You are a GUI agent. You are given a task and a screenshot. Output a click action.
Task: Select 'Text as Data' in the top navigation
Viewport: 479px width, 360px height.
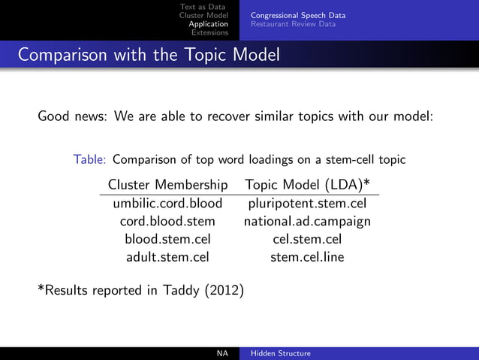pos(203,8)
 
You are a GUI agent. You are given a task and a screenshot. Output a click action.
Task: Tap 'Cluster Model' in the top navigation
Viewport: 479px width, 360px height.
pos(203,16)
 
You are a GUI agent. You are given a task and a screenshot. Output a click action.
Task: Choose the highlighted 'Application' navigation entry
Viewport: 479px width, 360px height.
pos(208,24)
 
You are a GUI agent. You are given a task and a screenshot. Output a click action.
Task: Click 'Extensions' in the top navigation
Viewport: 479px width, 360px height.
pos(210,32)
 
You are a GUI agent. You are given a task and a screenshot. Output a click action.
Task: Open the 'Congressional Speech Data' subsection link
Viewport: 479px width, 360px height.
pos(298,16)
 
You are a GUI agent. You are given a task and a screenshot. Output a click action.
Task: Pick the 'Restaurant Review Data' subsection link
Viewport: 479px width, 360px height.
pos(293,24)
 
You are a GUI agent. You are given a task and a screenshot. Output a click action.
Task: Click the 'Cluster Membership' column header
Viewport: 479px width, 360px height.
pos(168,184)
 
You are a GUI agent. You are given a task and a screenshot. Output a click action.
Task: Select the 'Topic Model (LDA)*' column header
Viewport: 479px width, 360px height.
pos(307,184)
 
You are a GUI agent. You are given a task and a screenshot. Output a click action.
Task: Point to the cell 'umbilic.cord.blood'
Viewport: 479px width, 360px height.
pos(168,203)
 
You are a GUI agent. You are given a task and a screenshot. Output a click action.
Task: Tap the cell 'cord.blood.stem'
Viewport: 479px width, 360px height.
pos(168,221)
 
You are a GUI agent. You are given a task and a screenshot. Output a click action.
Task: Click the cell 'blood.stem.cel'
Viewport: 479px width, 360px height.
pos(168,239)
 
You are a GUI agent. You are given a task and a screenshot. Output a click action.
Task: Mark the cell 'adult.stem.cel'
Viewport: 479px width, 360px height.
pos(168,257)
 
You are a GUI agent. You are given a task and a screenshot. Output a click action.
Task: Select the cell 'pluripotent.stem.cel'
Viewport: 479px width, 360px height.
pos(307,203)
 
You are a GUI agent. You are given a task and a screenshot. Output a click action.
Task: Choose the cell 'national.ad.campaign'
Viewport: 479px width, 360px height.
pos(307,221)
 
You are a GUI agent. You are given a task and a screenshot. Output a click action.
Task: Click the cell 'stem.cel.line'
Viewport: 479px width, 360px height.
pos(307,257)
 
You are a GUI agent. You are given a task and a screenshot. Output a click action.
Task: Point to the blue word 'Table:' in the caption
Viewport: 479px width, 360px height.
pos(90,159)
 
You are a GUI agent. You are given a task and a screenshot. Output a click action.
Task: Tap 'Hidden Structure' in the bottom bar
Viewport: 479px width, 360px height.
pos(281,353)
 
